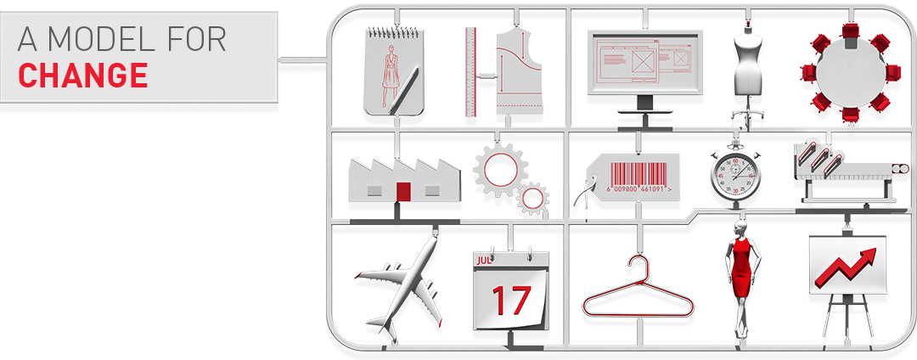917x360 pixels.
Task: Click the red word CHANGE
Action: click(x=82, y=75)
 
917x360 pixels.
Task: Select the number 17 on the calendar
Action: click(x=511, y=300)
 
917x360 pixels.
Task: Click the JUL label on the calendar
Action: click(x=484, y=261)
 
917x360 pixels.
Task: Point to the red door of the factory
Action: click(x=403, y=191)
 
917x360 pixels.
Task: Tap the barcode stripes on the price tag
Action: click(x=639, y=172)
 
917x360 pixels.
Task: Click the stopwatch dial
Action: click(x=735, y=175)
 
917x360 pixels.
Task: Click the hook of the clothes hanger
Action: click(x=638, y=263)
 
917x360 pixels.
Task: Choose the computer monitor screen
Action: click(x=644, y=61)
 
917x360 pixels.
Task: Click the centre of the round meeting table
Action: click(x=850, y=73)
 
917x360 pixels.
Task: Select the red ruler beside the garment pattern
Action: click(x=470, y=71)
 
